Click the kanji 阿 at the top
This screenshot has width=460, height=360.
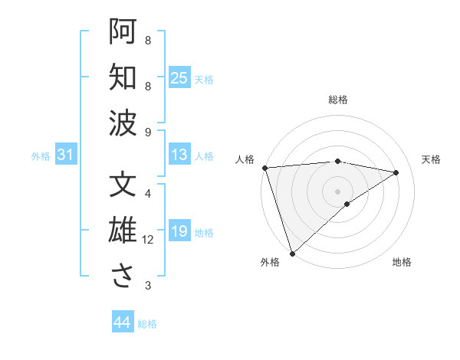(123, 32)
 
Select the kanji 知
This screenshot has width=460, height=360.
(123, 77)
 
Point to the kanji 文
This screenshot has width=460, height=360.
(123, 185)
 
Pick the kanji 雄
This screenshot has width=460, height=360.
(123, 231)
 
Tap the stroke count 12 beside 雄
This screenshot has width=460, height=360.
(148, 240)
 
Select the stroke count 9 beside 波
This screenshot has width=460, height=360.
(148, 132)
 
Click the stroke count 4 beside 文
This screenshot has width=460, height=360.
(148, 194)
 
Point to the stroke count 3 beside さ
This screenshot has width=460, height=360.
(148, 286)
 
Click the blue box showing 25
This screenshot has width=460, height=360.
(179, 78)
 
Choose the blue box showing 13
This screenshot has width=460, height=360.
(179, 155)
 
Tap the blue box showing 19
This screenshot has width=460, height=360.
(179, 231)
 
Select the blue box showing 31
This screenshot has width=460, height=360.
(66, 155)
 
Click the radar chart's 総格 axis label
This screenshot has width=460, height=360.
(338, 100)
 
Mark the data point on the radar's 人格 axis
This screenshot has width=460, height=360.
(264, 168)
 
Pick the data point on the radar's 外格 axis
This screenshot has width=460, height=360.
(292, 253)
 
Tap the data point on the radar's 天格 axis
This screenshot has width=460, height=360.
(396, 172)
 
